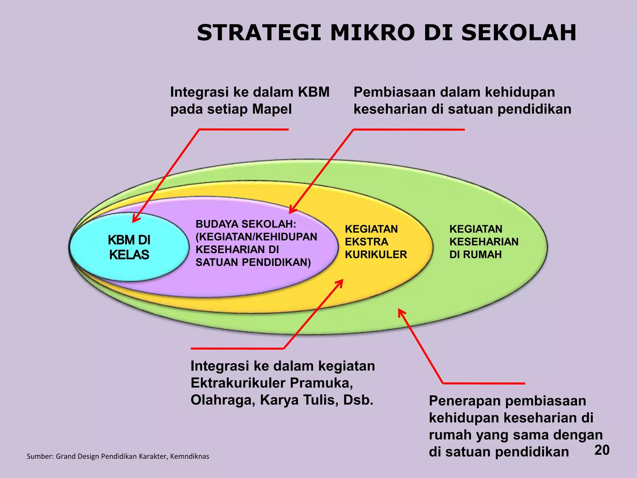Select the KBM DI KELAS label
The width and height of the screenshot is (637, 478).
(x=129, y=247)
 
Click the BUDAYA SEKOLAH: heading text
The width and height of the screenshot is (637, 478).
(x=246, y=224)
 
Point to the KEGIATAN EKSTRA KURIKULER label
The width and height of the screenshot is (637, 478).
(x=376, y=242)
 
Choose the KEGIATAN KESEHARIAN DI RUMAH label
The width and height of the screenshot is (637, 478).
(x=484, y=242)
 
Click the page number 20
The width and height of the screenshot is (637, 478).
(x=602, y=450)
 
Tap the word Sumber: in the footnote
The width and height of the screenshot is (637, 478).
(x=40, y=457)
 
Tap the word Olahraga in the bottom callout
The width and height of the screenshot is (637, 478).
(x=223, y=400)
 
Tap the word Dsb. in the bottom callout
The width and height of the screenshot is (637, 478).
(x=358, y=400)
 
